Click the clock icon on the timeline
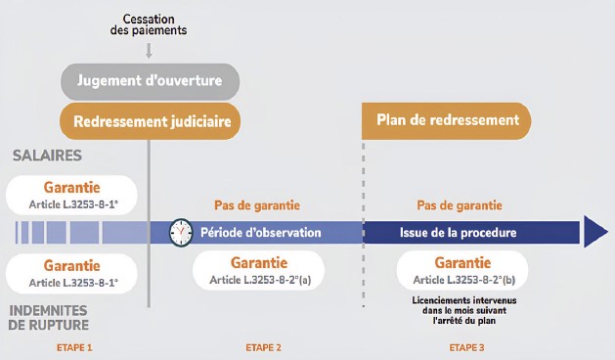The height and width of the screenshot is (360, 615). [181, 233]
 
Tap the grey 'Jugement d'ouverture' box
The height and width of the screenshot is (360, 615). [150, 81]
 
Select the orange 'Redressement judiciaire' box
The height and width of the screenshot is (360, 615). [150, 121]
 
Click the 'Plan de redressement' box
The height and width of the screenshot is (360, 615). [447, 121]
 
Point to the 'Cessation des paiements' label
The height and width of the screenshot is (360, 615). [149, 24]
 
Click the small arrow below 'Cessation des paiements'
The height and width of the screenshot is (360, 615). [149, 51]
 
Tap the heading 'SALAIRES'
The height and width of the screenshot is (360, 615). [48, 156]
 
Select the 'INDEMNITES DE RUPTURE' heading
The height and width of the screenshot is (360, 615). [49, 318]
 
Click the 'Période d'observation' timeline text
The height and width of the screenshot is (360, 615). [261, 233]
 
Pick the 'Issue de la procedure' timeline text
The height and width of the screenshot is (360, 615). [459, 233]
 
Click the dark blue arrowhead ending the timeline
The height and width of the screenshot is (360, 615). [595, 232]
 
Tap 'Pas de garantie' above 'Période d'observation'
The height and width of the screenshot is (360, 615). [257, 205]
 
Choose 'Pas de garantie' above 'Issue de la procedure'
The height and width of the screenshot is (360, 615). [460, 205]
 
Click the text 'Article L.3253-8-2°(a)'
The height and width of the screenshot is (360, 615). [260, 280]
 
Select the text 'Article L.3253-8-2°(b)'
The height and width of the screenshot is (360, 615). [464, 280]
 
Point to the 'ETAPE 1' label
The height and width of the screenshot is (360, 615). [74, 348]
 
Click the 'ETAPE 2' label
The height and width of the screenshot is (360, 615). [264, 348]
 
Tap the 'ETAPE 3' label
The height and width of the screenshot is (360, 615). [466, 348]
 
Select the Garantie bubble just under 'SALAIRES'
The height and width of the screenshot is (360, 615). [71, 195]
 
